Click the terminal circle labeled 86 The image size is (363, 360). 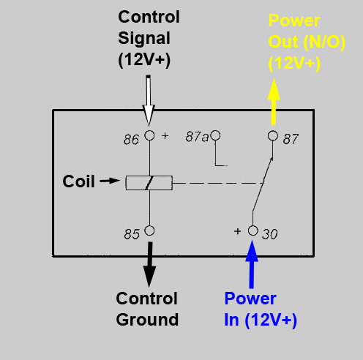(149, 135)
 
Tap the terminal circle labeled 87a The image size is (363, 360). (215, 135)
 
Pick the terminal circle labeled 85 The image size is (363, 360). (149, 230)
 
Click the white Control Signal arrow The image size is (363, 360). (149, 99)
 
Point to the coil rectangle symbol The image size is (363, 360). (149, 182)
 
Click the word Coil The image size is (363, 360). (78, 181)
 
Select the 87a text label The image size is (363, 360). (195, 136)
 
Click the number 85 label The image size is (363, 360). (131, 235)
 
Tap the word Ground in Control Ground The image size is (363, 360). (148, 320)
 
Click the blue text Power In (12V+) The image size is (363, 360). (260, 310)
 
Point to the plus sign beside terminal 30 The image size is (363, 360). (238, 231)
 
